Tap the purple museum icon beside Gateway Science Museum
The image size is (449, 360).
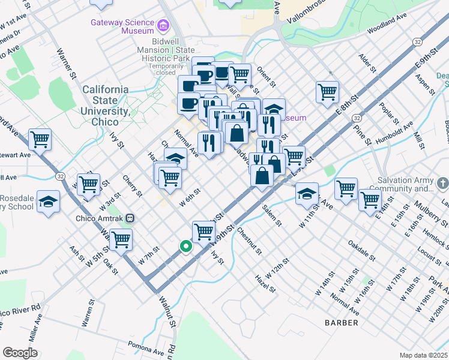point(163,25)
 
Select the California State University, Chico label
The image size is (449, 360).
point(105,100)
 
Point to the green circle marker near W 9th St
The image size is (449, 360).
point(186,245)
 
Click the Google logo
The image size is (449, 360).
point(20,353)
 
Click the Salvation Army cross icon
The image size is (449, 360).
point(442,182)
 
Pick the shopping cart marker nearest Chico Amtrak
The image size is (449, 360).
point(121,239)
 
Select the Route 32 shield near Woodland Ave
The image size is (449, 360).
point(417,41)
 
